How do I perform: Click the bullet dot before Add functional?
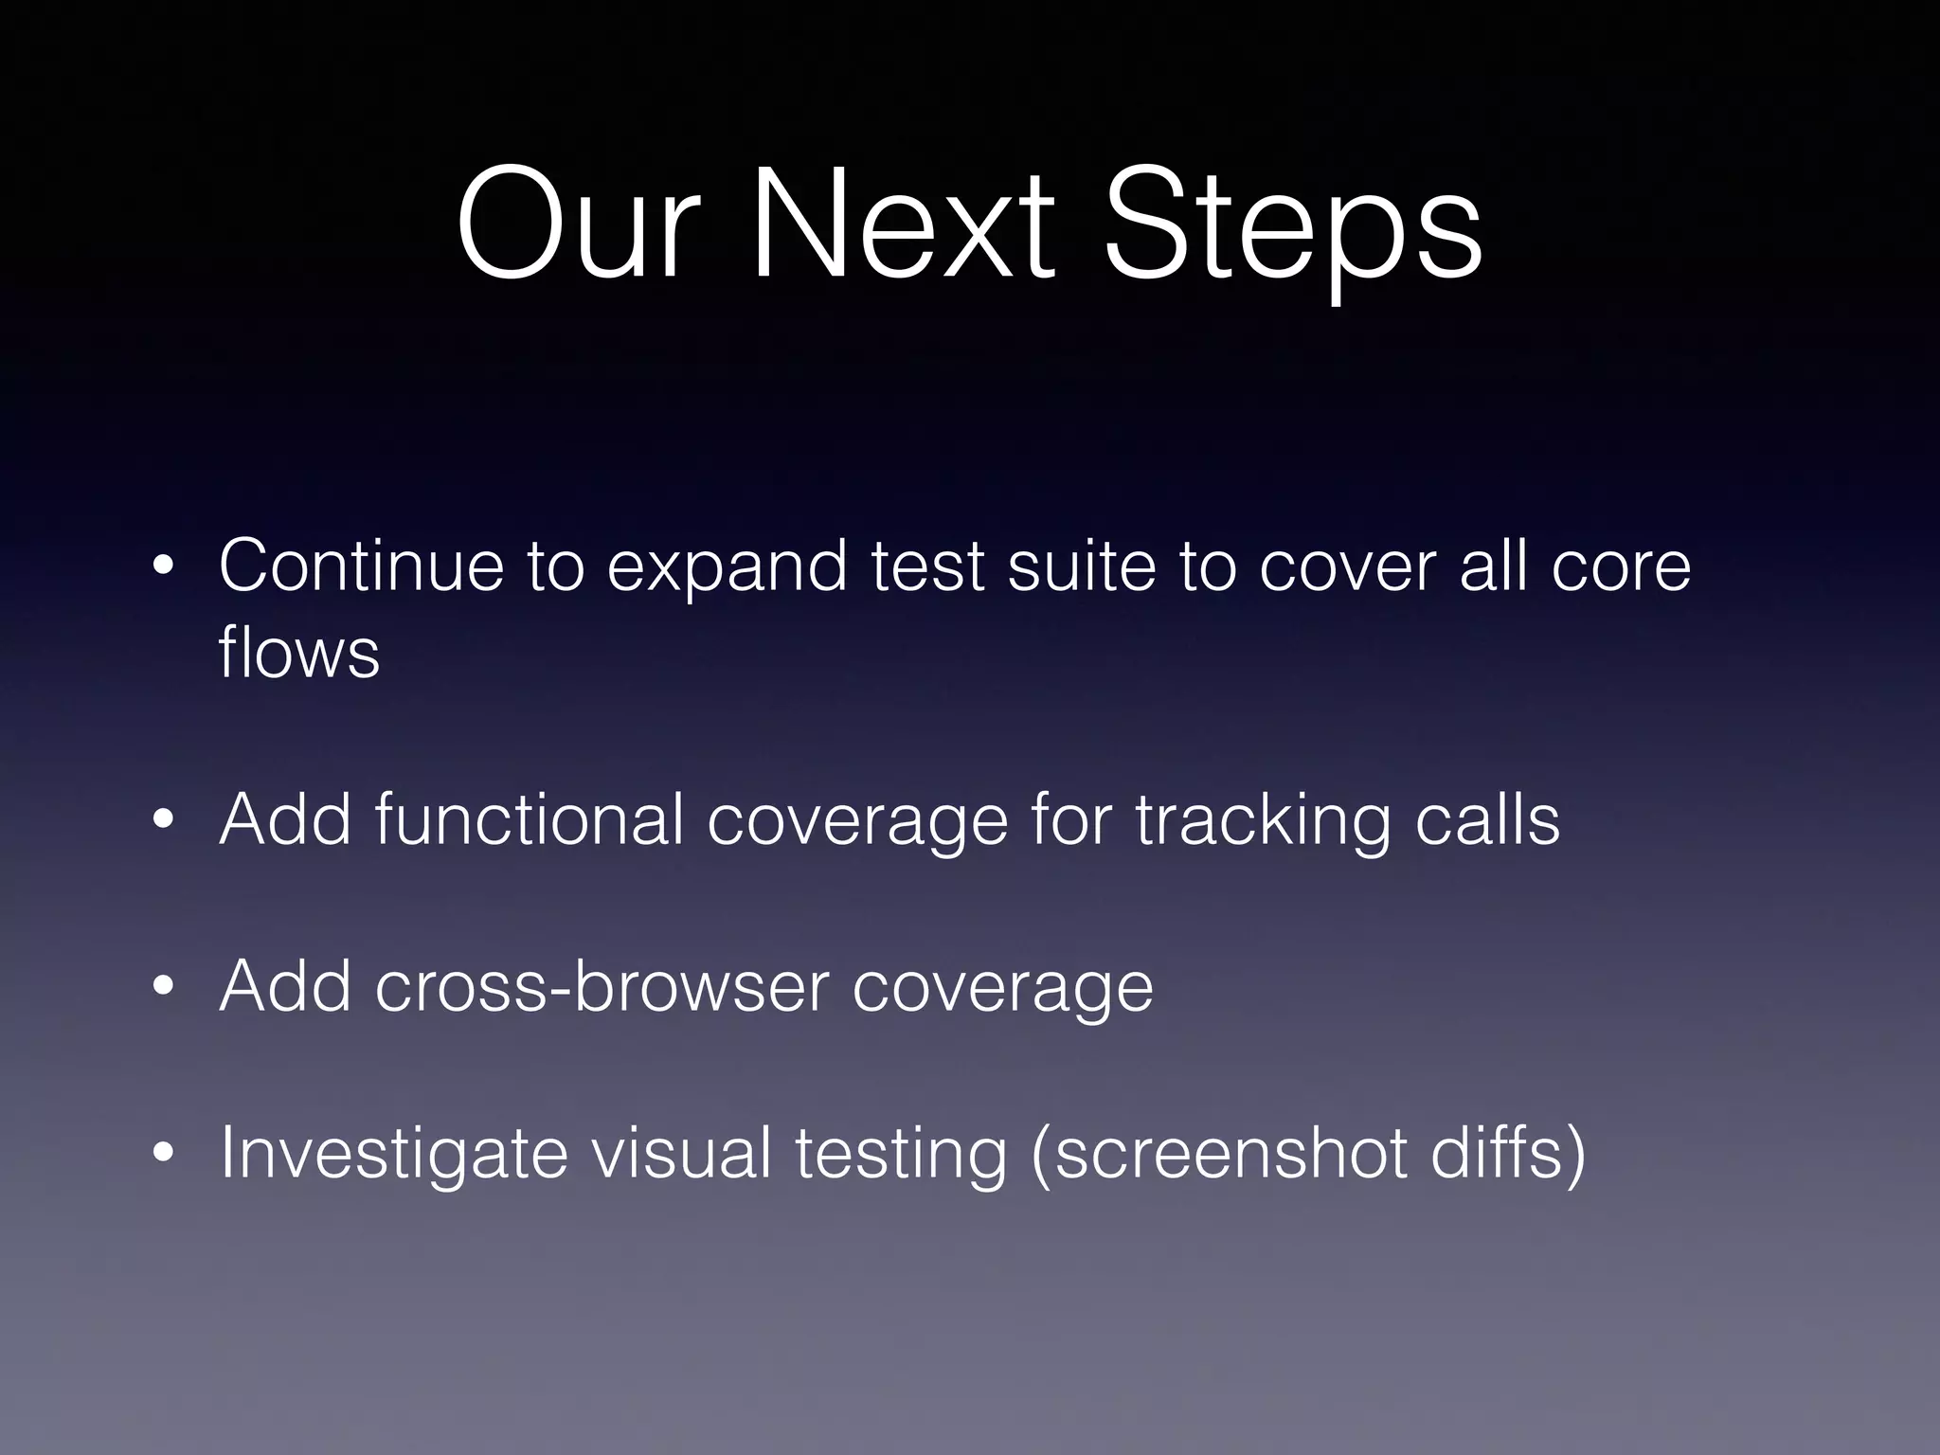click(164, 820)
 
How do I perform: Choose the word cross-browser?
click(602, 986)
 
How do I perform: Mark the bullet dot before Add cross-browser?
click(164, 987)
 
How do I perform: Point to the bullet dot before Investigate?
click(164, 1154)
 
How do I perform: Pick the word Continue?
click(361, 566)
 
